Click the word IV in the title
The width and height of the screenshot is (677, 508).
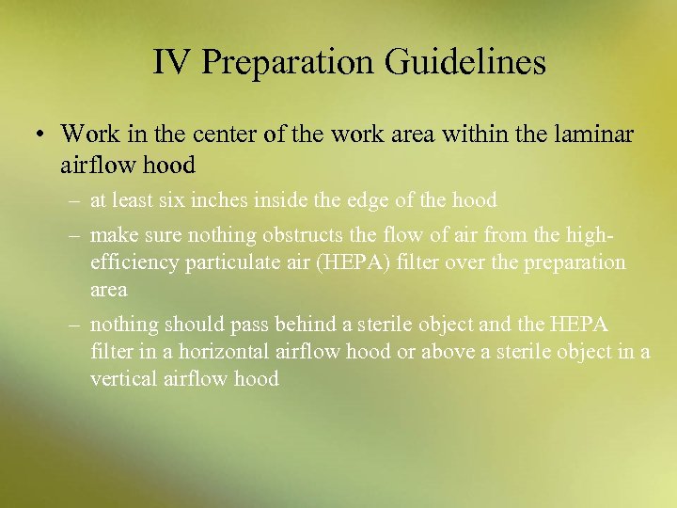pos(171,62)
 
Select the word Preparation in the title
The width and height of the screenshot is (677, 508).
pos(288,62)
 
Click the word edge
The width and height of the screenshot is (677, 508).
pos(390,200)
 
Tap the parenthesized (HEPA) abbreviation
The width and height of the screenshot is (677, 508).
pos(355,262)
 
